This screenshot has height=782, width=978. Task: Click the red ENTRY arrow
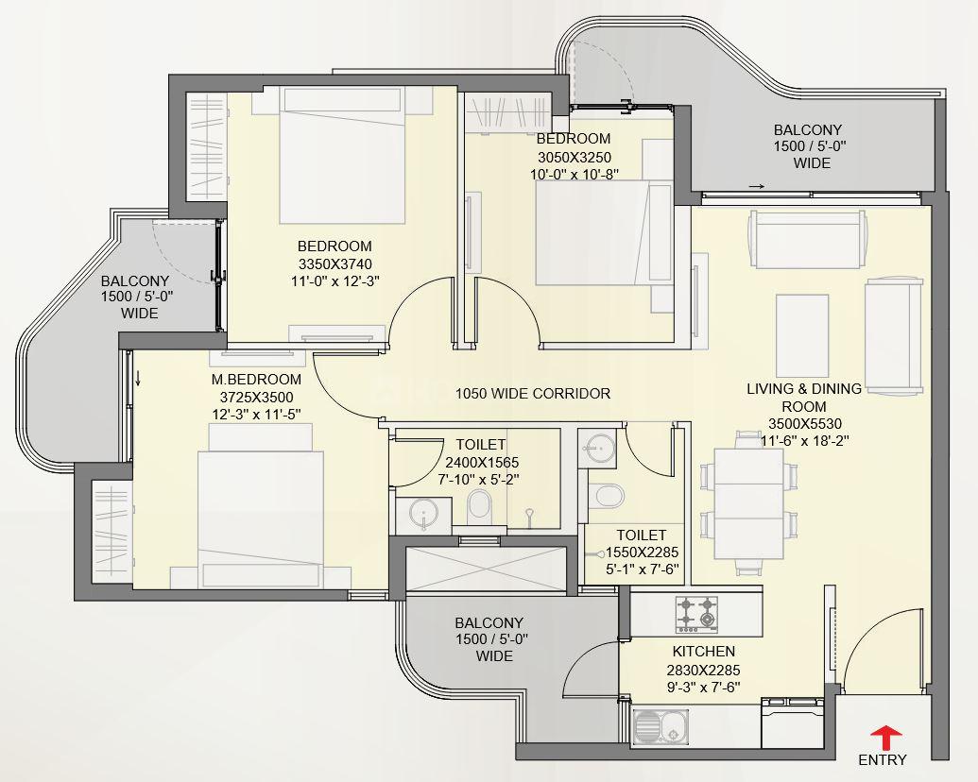point(885,737)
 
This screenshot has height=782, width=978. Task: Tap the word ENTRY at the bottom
point(882,759)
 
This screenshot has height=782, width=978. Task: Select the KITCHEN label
point(704,652)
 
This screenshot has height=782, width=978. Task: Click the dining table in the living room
point(747,504)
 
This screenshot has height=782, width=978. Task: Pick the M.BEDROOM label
point(256,379)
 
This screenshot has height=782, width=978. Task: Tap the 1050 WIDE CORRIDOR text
point(533,394)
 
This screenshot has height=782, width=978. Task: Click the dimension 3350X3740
point(335,263)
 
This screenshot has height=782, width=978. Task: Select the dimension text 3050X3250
point(574,157)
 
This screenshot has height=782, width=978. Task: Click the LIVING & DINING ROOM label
point(804,398)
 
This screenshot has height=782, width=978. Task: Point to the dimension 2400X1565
point(482,463)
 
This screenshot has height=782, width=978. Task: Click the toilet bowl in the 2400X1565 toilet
point(480,504)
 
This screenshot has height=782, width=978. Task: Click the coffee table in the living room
point(802,335)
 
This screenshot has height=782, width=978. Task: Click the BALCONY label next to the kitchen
point(489,623)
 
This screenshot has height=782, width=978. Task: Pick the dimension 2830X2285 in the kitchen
point(704,671)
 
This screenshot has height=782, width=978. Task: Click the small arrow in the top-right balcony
point(757,186)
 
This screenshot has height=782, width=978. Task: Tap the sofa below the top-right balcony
point(808,239)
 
